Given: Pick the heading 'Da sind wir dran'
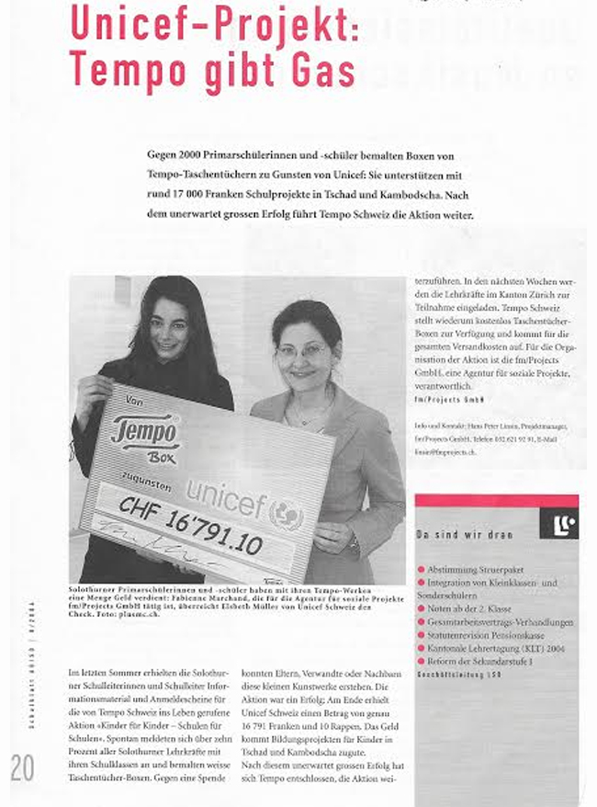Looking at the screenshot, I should point(465,534).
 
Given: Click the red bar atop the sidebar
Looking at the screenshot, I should point(496,502).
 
